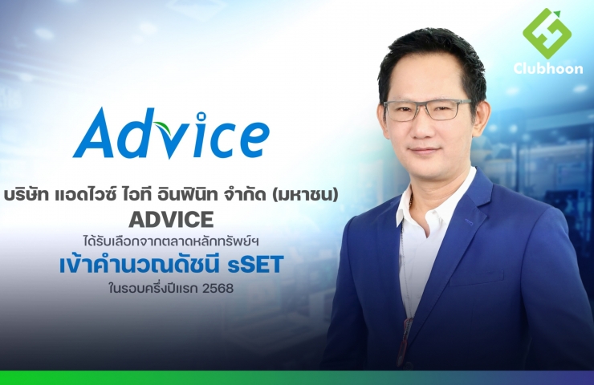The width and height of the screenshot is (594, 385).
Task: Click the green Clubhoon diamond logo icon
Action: coord(547,34)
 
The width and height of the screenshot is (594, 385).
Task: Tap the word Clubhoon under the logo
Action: coord(548,68)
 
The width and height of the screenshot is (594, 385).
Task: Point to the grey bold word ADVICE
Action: coord(171,219)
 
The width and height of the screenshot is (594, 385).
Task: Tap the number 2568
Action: coord(218,289)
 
